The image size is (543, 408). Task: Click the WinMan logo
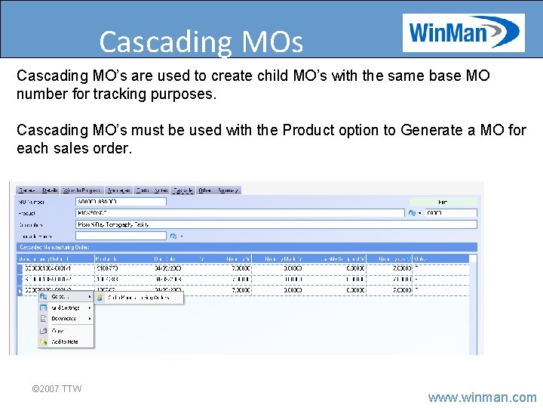463,33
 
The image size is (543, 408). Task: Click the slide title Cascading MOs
201,42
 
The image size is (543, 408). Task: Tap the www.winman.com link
482,397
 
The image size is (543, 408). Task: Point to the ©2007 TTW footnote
57,389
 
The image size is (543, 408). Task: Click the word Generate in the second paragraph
431,130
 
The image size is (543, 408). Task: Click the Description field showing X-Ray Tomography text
276,224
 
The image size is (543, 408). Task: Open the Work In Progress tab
82,190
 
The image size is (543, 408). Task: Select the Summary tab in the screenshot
229,190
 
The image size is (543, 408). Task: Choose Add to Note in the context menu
64,342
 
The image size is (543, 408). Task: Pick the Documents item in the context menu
64,319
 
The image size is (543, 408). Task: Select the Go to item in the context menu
60,297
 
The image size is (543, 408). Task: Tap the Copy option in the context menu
58,330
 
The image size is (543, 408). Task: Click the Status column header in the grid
421,258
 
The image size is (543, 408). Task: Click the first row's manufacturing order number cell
48,267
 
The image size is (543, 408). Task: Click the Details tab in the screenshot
51,190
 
